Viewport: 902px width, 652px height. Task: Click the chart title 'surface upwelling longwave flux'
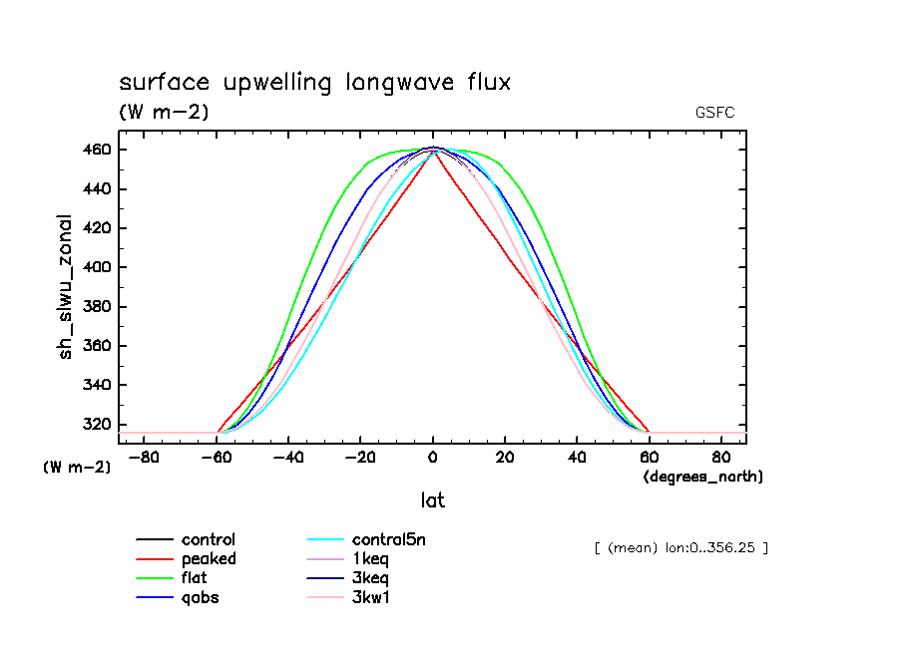[314, 83]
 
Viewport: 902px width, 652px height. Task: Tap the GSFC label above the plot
[714, 113]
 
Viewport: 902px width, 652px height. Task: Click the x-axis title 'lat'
[432, 500]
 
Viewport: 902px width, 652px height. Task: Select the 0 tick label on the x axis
[432, 458]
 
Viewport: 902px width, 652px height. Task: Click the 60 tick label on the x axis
[650, 458]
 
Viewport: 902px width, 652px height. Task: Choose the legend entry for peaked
[209, 559]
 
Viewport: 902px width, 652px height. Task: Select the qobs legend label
[200, 598]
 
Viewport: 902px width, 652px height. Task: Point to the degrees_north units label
[703, 478]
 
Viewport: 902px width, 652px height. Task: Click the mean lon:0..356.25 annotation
[680, 547]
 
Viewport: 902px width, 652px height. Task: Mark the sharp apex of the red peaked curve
[432, 151]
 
